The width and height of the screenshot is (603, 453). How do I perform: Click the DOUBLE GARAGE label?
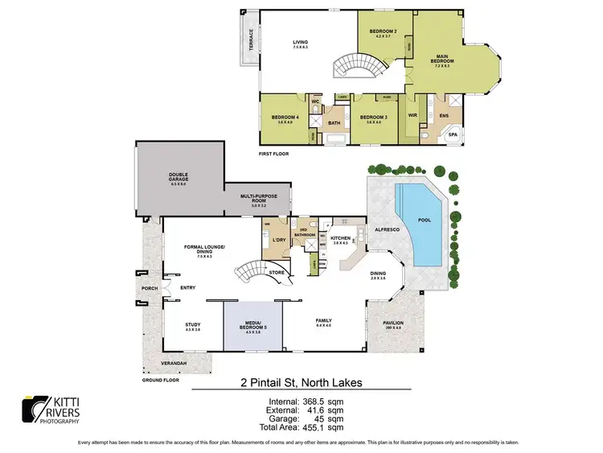[x=178, y=177]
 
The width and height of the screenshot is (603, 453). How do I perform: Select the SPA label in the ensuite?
[x=453, y=135]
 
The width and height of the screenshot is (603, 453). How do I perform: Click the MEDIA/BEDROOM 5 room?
[x=252, y=326]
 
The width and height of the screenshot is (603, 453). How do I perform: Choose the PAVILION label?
[x=393, y=323]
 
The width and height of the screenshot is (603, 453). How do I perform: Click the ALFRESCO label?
[x=388, y=229]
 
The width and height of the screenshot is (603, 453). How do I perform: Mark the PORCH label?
[x=150, y=287]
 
